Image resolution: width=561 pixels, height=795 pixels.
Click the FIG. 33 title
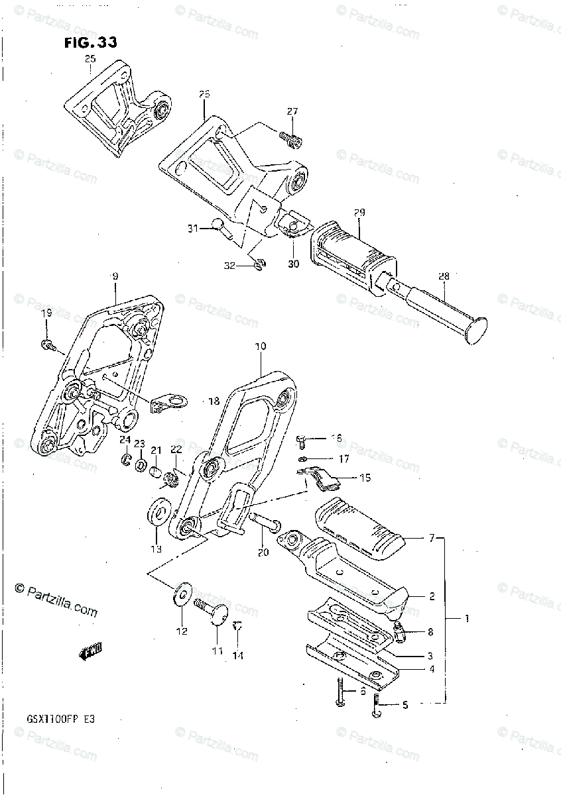[x=91, y=43]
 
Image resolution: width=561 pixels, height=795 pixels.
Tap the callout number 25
[x=90, y=60]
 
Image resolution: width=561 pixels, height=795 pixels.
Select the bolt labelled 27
[x=292, y=138]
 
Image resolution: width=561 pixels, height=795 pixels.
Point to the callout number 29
[x=359, y=213]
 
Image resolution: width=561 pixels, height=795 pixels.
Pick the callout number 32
[x=229, y=266]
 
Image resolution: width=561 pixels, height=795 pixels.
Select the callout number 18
[x=214, y=401]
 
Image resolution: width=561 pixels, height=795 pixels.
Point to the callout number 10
[x=259, y=346]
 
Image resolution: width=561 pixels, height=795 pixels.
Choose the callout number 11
[x=218, y=651]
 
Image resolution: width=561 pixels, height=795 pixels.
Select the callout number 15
[x=365, y=477]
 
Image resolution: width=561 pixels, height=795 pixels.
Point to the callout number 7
[x=432, y=539]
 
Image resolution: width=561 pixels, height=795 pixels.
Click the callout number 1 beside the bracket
[x=467, y=619]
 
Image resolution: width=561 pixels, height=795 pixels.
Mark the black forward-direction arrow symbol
[x=90, y=653]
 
